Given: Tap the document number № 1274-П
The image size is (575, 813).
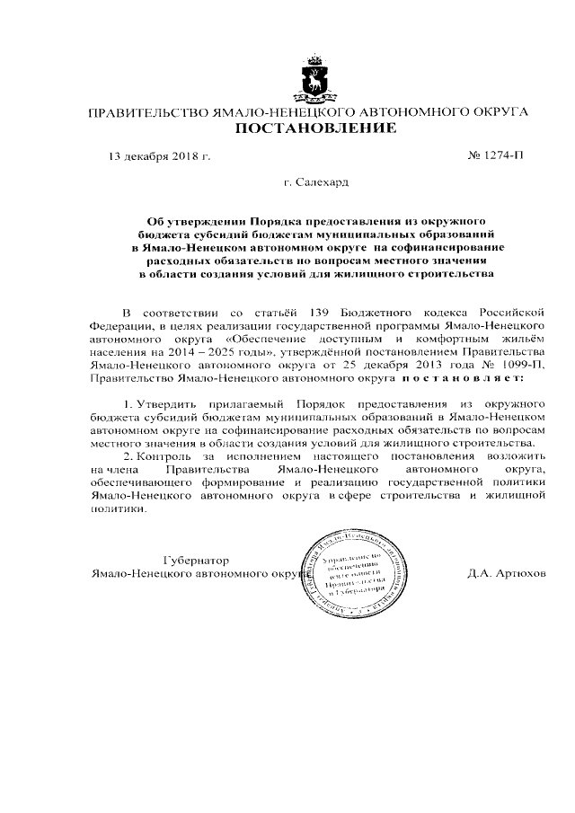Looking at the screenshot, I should click(x=495, y=155).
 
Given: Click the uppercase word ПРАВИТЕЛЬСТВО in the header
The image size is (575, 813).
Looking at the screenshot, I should click(x=144, y=112).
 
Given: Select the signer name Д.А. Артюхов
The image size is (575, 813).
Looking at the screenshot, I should click(x=506, y=573).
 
